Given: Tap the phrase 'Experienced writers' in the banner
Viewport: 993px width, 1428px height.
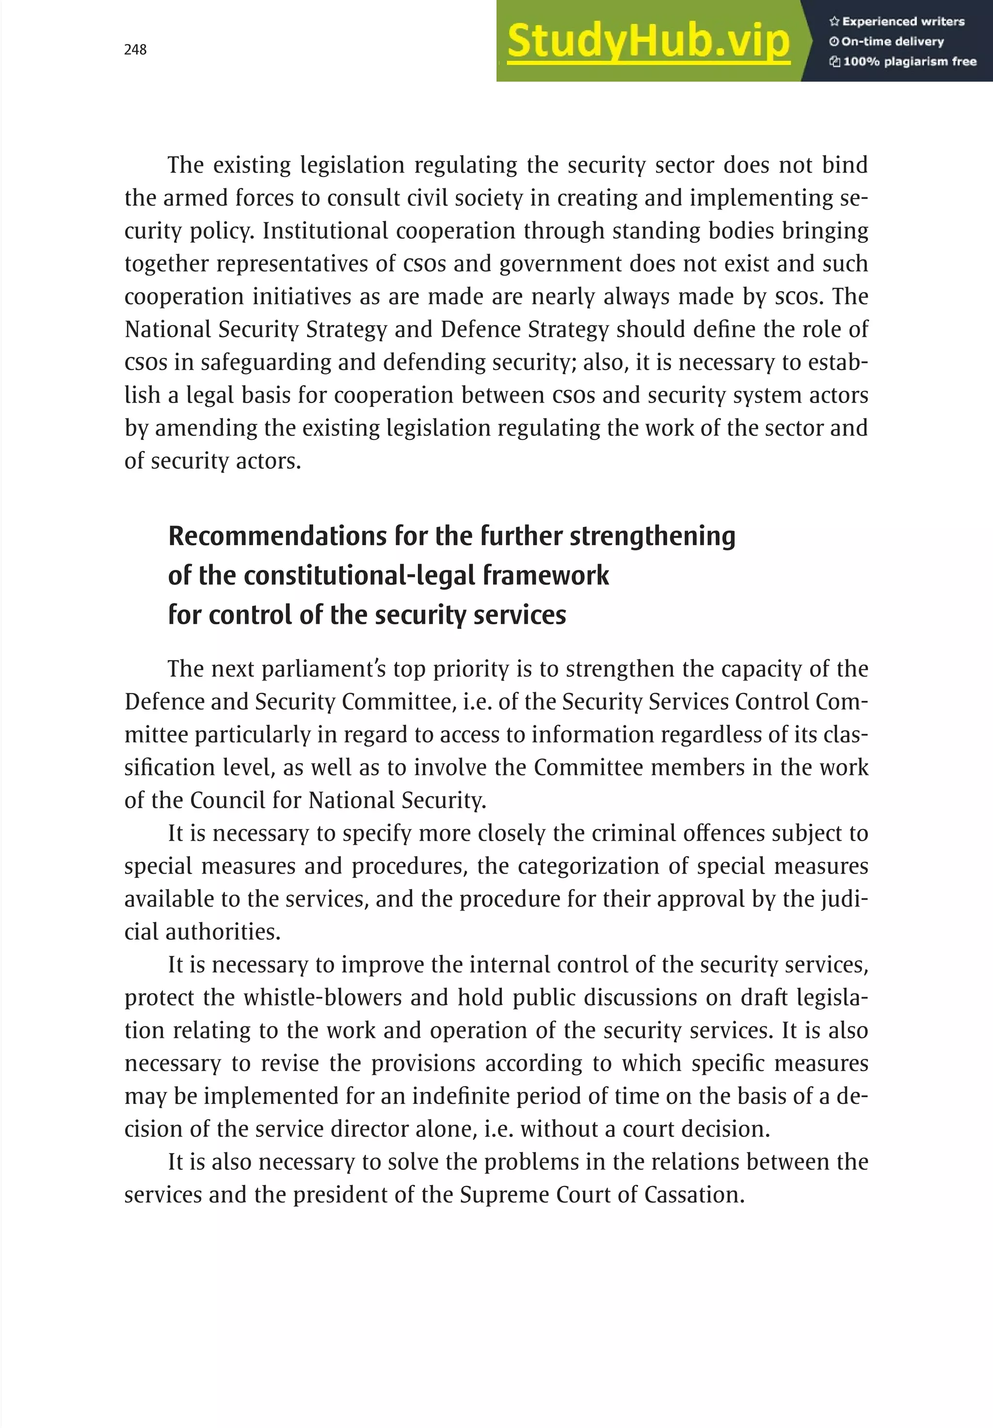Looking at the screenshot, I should tap(903, 22).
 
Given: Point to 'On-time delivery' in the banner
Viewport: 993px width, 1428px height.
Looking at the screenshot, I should tap(892, 42).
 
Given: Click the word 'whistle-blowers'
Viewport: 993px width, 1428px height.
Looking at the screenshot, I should tap(323, 998).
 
